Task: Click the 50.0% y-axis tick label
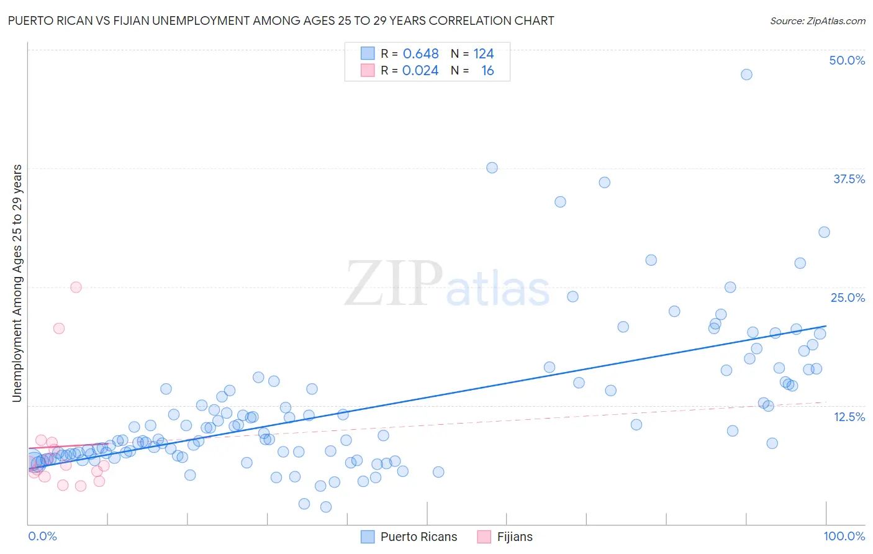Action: tap(847, 60)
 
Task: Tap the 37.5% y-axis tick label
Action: tap(849, 179)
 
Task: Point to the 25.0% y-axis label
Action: tap(848, 297)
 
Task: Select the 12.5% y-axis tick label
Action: tap(849, 417)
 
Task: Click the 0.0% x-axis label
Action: tap(42, 536)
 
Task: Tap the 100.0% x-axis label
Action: tap(844, 536)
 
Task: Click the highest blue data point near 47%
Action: tap(746, 75)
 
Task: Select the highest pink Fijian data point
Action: tap(76, 287)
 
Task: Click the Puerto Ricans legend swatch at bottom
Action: tap(368, 537)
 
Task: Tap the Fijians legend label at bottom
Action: tap(515, 537)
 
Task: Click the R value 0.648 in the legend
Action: tap(420, 54)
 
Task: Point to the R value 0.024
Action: tap(420, 71)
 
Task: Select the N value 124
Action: tap(484, 54)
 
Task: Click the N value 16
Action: tap(487, 71)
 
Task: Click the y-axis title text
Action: tap(17, 283)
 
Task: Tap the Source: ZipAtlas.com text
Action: tap(817, 21)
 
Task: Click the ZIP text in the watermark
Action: tap(394, 283)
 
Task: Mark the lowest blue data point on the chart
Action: tap(325, 507)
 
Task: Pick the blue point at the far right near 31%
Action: tap(824, 232)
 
